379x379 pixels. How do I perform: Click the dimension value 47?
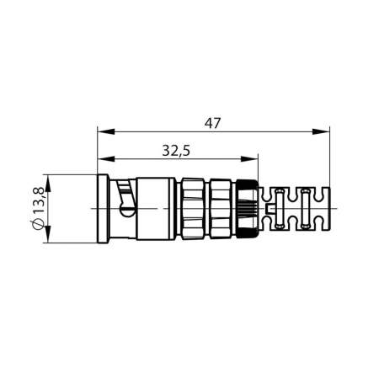click(212, 123)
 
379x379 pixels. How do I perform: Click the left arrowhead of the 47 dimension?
click(103, 131)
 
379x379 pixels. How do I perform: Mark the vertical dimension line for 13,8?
click(49, 209)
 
